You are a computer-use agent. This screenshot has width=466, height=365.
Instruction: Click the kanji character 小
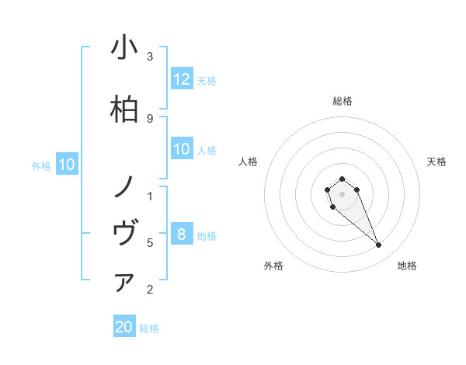[124, 47]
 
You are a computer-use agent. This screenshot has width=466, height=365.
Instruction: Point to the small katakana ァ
[124, 283]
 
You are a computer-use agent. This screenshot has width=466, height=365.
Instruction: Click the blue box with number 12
[182, 79]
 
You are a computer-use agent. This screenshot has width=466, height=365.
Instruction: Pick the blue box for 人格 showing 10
[182, 150]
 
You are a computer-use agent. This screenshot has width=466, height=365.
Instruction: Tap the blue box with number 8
[182, 235]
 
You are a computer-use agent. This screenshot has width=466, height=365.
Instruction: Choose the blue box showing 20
[124, 327]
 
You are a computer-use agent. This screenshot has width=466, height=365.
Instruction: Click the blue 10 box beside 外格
[67, 165]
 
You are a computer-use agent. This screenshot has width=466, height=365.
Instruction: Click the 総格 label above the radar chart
[342, 101]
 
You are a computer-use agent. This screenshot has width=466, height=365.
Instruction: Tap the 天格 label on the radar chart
[436, 162]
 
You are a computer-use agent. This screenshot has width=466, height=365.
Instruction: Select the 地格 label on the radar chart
[407, 266]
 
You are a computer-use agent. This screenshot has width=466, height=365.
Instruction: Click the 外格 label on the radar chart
[273, 266]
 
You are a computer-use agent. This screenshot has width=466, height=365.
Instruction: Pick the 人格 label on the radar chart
[249, 162]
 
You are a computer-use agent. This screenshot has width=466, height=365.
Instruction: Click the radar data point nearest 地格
[378, 245]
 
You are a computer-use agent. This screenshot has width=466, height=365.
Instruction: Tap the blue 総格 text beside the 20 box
[149, 328]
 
